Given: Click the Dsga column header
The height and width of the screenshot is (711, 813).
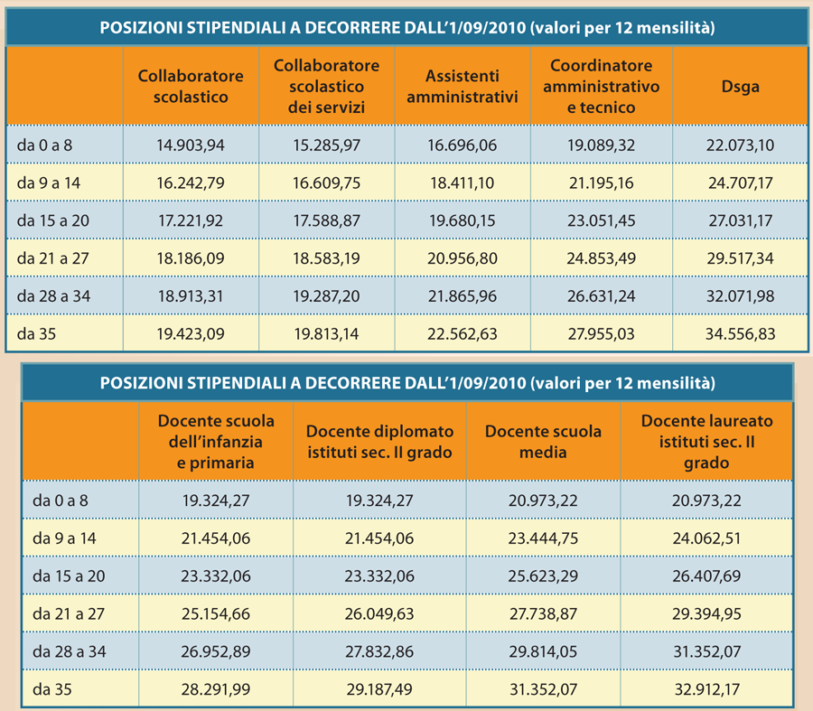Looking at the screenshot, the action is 740,86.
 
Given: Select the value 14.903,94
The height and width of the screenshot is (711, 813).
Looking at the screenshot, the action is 191,145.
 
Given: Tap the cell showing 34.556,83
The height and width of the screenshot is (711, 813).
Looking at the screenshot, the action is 740,333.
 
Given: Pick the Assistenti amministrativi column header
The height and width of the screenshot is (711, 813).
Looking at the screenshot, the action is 462,86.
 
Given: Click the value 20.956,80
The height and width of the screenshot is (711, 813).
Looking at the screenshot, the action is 462,258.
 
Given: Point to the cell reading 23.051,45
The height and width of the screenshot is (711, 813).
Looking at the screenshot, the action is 601,220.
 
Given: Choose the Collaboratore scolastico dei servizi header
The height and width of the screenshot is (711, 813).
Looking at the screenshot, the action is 327,86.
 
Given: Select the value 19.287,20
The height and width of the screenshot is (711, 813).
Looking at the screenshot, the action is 327,296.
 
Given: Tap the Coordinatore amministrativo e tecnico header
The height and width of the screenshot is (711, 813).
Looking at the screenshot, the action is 601,86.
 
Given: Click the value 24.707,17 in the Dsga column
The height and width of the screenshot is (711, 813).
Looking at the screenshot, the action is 740,182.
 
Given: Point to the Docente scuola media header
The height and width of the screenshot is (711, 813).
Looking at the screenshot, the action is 543,442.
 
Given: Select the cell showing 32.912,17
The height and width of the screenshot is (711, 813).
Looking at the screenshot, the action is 706,689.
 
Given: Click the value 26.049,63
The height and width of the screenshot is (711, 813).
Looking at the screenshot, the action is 379,613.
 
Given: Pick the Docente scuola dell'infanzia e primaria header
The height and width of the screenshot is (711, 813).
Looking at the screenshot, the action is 216,442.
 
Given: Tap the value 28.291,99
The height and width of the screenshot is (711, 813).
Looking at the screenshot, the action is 216,689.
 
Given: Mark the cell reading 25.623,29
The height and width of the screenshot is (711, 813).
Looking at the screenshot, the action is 543,575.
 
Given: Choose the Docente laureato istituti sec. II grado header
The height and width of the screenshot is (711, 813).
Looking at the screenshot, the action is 706,442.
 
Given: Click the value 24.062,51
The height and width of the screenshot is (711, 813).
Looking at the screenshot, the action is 706,538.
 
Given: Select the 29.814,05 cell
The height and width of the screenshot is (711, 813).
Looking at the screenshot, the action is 543,651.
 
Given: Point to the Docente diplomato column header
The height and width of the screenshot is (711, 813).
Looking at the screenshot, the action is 379,442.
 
